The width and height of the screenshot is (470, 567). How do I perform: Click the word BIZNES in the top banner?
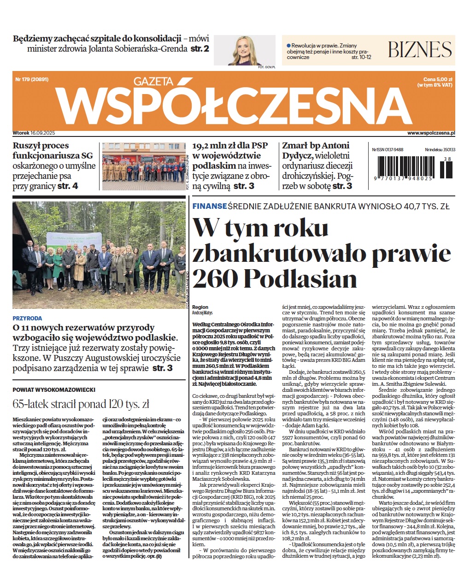pos(419,49)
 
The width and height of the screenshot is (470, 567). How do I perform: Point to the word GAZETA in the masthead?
pos(153,82)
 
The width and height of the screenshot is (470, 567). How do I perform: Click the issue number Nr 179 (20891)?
pos(32,79)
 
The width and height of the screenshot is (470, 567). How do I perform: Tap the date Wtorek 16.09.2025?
pos(34,133)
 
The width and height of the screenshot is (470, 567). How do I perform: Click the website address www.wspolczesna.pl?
pos(431,133)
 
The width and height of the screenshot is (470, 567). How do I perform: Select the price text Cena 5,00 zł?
pos(438,79)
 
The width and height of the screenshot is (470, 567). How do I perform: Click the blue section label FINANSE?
pos(209,207)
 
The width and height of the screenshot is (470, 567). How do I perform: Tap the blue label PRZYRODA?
pos(27,318)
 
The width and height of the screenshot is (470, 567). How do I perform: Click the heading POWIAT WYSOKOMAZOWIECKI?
pos(54,390)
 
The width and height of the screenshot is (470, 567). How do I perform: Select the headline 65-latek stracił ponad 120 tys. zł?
pos(81,404)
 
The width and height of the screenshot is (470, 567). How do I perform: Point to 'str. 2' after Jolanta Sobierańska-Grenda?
pos(200,48)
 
